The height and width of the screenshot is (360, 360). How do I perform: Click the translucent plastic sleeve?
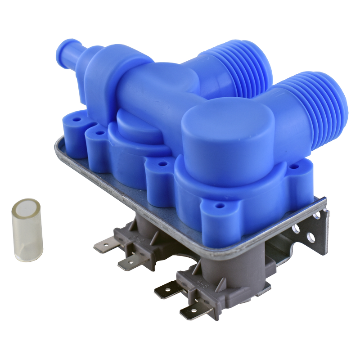(27, 230)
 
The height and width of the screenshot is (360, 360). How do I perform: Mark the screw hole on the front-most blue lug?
(219, 205)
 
